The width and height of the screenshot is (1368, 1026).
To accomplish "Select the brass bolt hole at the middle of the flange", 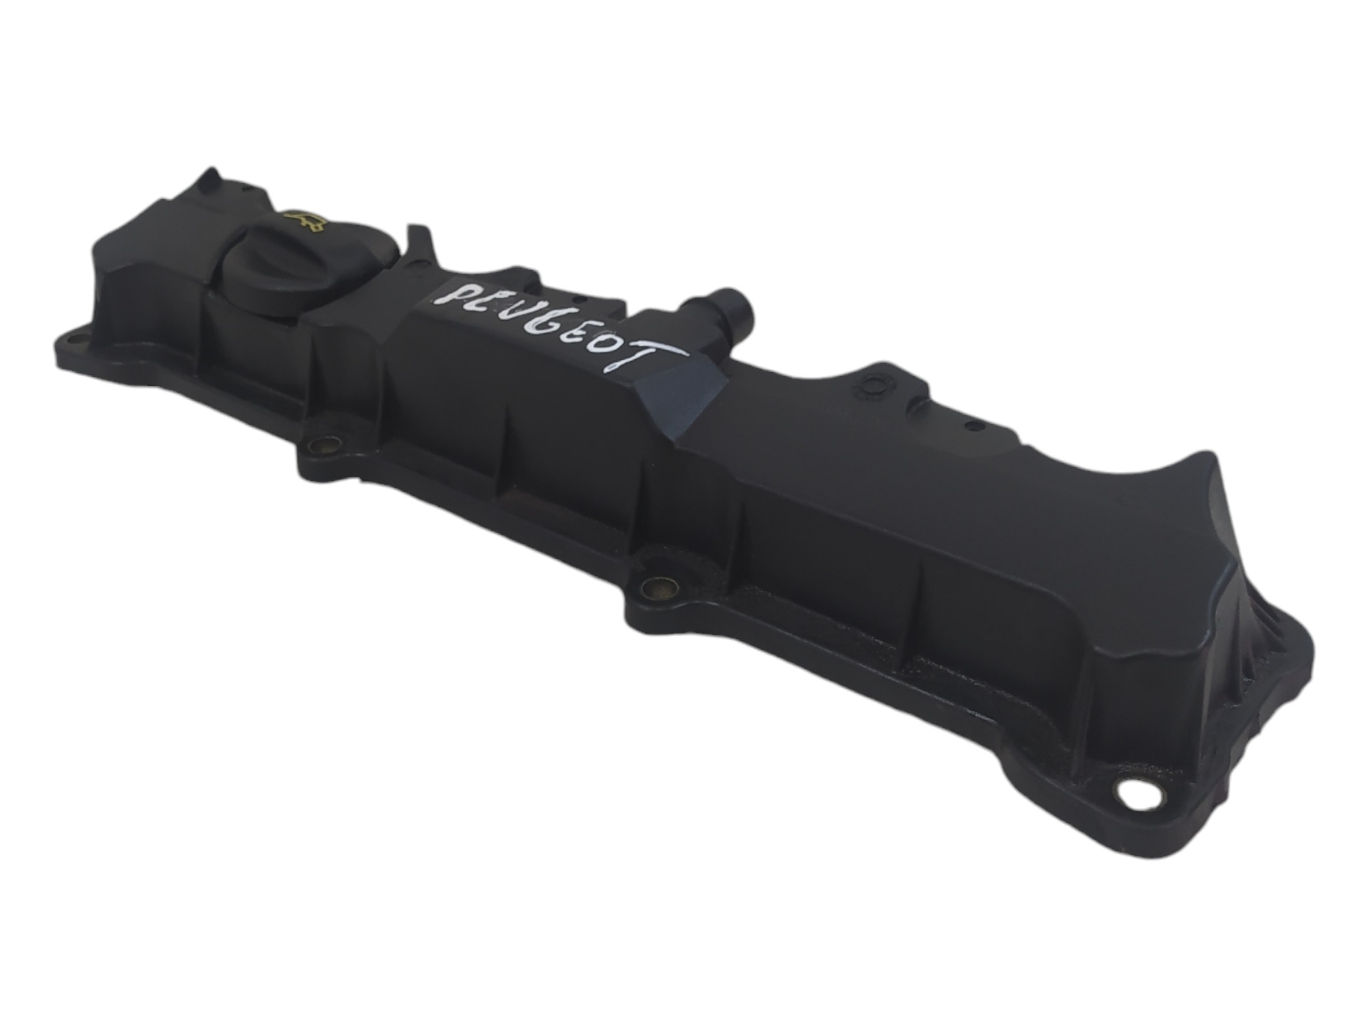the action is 659,586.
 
